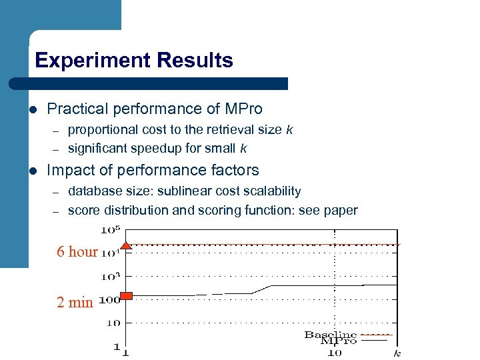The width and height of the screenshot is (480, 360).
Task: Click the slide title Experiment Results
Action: coord(134,61)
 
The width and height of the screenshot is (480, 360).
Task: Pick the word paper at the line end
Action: coord(341,211)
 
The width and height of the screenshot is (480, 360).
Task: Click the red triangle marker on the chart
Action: coord(127,245)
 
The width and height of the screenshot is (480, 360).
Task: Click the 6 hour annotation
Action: coord(77,252)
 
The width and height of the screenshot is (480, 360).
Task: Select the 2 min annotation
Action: coord(75,302)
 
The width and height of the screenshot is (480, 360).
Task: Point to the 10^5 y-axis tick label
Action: coord(110,231)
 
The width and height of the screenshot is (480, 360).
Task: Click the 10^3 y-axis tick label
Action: coord(110,275)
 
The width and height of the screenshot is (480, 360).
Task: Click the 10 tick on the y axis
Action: coord(113,323)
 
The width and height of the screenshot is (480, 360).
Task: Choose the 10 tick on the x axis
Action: coord(335,353)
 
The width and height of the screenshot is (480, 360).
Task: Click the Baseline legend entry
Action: coord(330,334)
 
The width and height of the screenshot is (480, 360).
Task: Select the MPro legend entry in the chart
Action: coord(339,341)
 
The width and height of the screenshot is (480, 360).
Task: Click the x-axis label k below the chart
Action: coord(397,353)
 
